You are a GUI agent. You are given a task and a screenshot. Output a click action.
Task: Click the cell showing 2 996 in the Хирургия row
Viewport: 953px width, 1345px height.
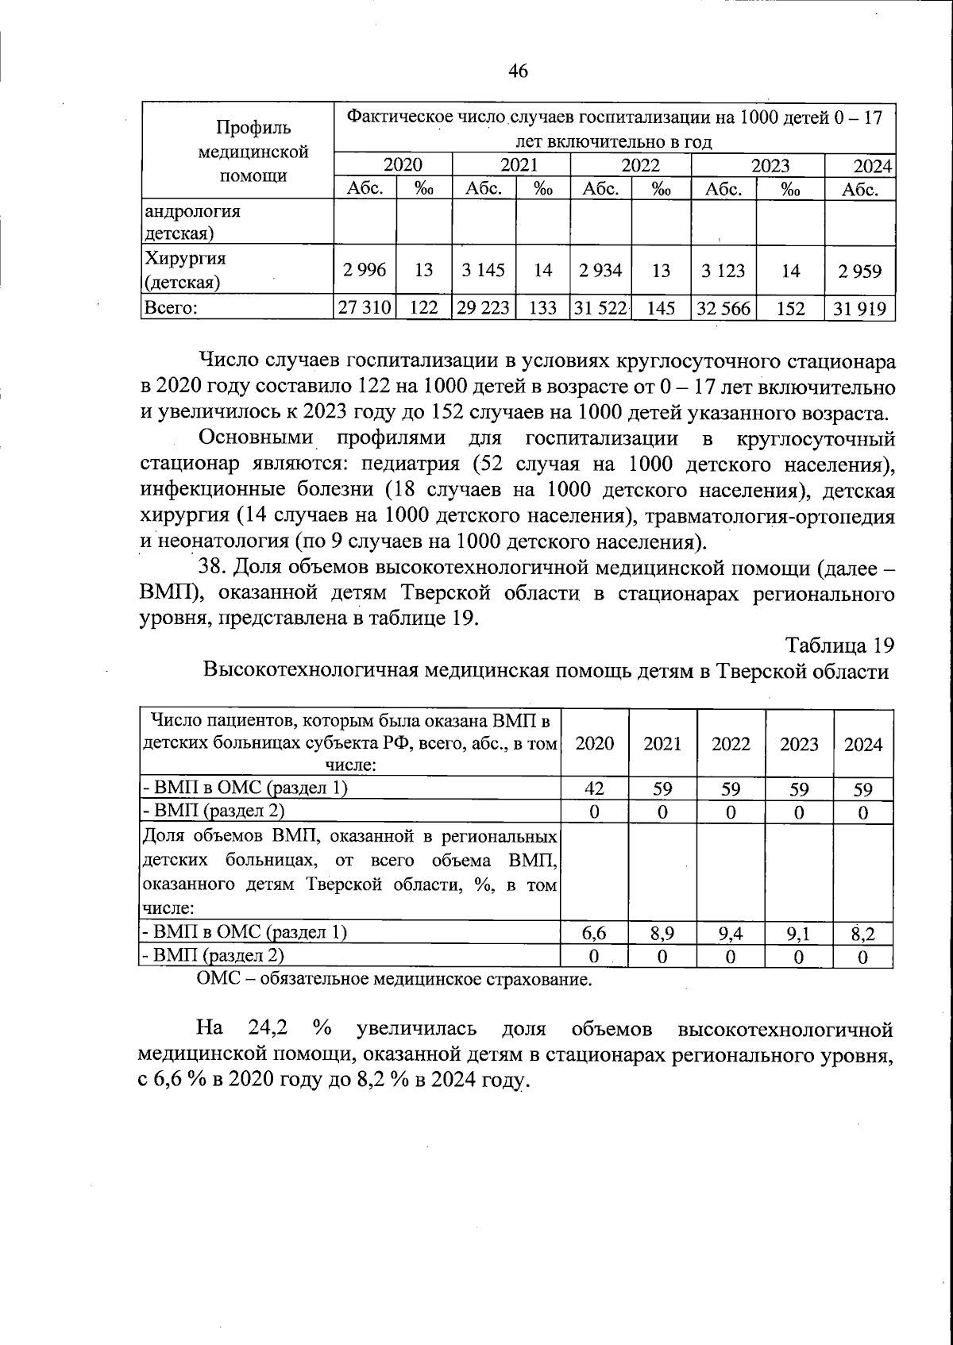tap(365, 270)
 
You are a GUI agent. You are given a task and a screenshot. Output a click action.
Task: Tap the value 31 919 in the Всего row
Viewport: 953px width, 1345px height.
tap(860, 308)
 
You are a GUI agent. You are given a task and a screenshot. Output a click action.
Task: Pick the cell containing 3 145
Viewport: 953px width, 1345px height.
tap(483, 270)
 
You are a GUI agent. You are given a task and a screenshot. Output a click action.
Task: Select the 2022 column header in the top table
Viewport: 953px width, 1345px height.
tap(640, 166)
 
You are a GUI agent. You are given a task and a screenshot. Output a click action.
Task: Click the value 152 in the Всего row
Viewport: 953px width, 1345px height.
tap(790, 308)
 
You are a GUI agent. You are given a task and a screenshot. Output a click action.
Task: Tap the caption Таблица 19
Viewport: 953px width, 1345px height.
tap(840, 644)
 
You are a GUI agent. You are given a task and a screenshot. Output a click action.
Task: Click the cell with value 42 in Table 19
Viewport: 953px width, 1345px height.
tap(594, 789)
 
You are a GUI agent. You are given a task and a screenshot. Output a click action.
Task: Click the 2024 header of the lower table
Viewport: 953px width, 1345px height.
tap(863, 744)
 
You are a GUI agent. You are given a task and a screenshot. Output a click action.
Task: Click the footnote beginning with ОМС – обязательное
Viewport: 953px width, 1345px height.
tap(394, 979)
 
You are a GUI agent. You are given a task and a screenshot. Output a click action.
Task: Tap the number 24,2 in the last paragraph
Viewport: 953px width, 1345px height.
tap(268, 1028)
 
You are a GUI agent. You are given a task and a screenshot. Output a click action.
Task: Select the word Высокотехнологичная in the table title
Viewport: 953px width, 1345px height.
tap(310, 671)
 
